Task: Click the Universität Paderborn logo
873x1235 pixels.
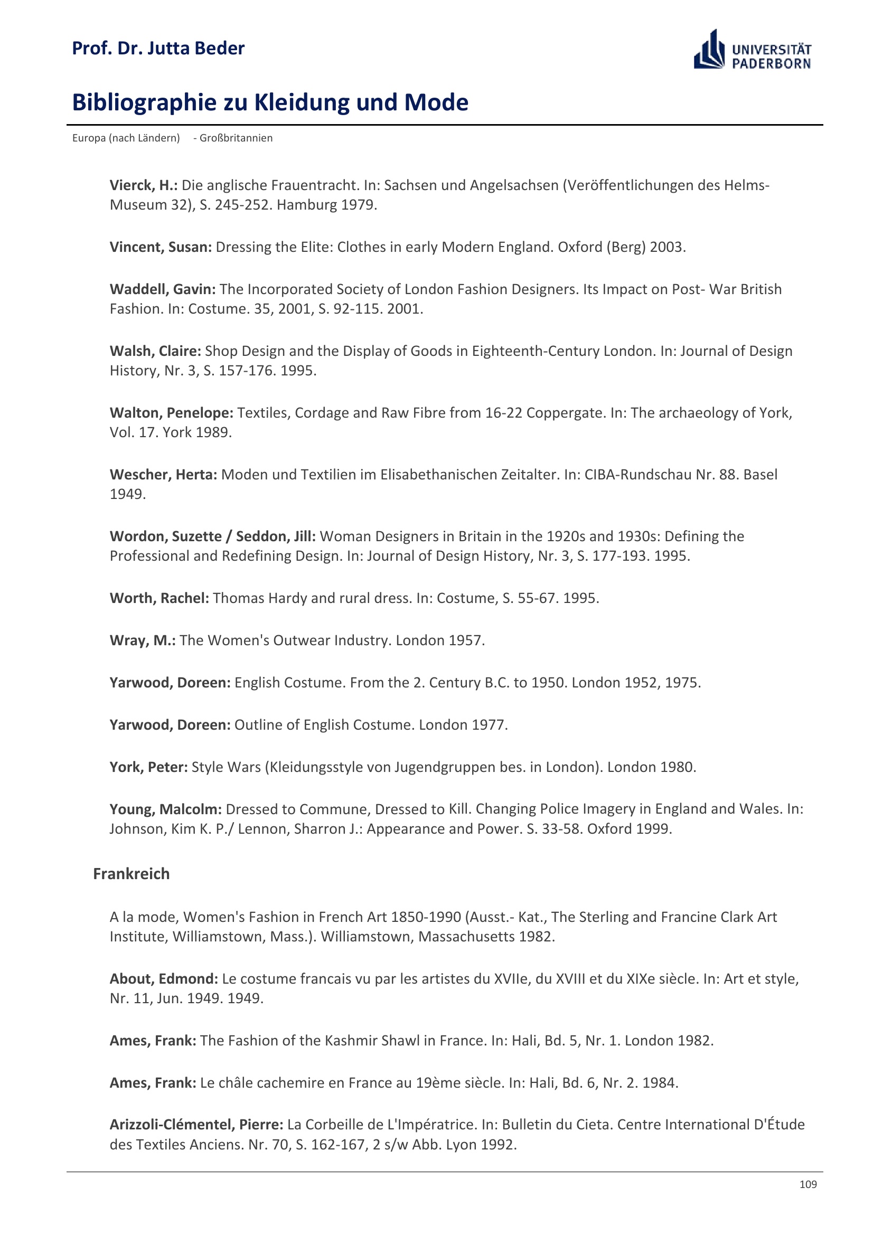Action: click(752, 50)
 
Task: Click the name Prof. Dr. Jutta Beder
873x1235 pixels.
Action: click(158, 49)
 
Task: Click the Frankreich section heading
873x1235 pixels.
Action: click(132, 873)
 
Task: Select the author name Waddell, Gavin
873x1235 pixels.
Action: click(163, 289)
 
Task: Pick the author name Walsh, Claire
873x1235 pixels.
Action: click(155, 351)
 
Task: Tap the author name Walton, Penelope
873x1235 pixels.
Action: click(171, 413)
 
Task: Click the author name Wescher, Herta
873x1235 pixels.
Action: click(163, 475)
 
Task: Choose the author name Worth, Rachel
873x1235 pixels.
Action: click(159, 598)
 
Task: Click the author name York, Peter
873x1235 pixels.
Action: click(148, 767)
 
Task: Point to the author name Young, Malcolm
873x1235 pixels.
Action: click(166, 809)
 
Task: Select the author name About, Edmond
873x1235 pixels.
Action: click(164, 978)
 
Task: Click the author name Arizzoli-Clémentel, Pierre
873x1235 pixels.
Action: click(196, 1124)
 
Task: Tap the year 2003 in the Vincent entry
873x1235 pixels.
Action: click(667, 247)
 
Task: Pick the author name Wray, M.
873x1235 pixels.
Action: click(143, 640)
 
